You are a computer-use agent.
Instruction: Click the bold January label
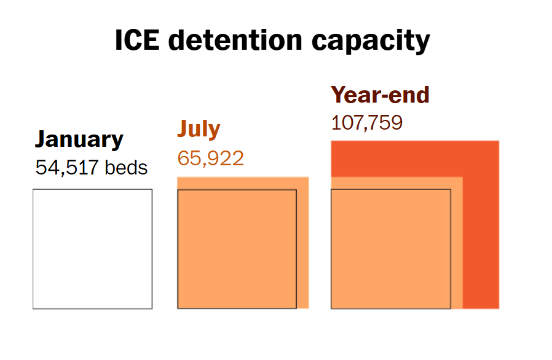pyautogui.click(x=79, y=140)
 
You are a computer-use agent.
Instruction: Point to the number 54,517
pyautogui.click(x=67, y=167)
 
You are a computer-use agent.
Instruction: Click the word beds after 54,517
pyautogui.click(x=126, y=167)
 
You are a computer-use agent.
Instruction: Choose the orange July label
pyautogui.click(x=199, y=130)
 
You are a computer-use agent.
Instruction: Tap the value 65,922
pyautogui.click(x=211, y=158)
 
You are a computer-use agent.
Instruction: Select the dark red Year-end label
pyautogui.click(x=380, y=95)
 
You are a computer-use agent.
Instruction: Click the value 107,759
pyautogui.click(x=367, y=123)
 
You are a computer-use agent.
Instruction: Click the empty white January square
pyautogui.click(x=92, y=249)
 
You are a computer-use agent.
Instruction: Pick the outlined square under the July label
pyautogui.click(x=237, y=249)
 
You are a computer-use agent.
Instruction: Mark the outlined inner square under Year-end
pyautogui.click(x=390, y=249)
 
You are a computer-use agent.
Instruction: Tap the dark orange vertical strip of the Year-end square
pyautogui.click(x=481, y=246)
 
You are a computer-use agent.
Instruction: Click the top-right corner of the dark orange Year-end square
pyautogui.click(x=498, y=142)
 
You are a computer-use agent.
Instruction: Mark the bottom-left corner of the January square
pyautogui.click(x=33, y=308)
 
